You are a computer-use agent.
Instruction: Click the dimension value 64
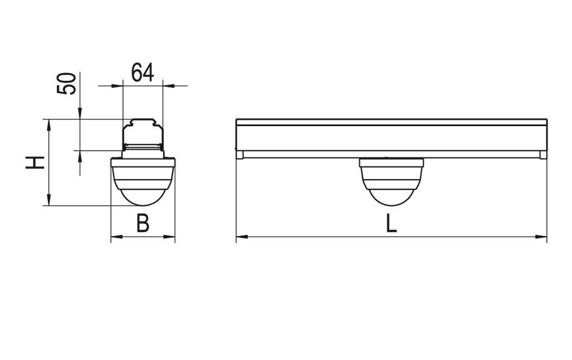(x=142, y=73)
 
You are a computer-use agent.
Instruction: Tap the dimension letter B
(x=143, y=224)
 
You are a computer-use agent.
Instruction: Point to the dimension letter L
(x=391, y=224)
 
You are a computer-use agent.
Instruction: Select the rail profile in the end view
(x=143, y=135)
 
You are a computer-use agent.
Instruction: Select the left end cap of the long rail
(x=239, y=154)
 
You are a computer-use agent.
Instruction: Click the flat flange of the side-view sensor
(x=391, y=162)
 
